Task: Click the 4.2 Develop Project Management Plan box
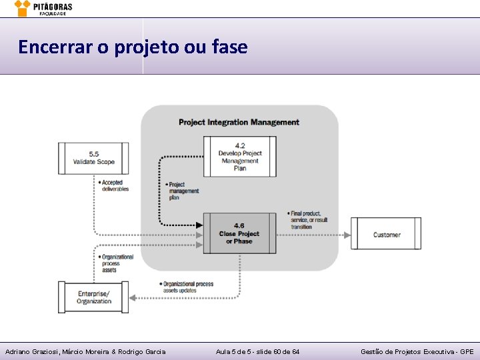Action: [x=239, y=157]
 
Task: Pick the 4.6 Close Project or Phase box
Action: [x=239, y=233]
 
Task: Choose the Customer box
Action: [x=386, y=234]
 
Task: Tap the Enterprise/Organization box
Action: [x=93, y=297]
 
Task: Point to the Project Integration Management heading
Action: [x=239, y=122]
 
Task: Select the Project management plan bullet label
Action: [x=182, y=191]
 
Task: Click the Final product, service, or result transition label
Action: [x=309, y=220]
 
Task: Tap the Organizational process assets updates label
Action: [x=187, y=287]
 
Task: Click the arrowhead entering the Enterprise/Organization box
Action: [x=133, y=297]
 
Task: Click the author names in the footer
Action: [x=85, y=351]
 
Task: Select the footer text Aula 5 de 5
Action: [x=235, y=351]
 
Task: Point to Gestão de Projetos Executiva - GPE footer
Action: [x=417, y=351]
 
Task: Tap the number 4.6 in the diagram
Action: [x=239, y=225]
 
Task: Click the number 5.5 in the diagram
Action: [x=94, y=153]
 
